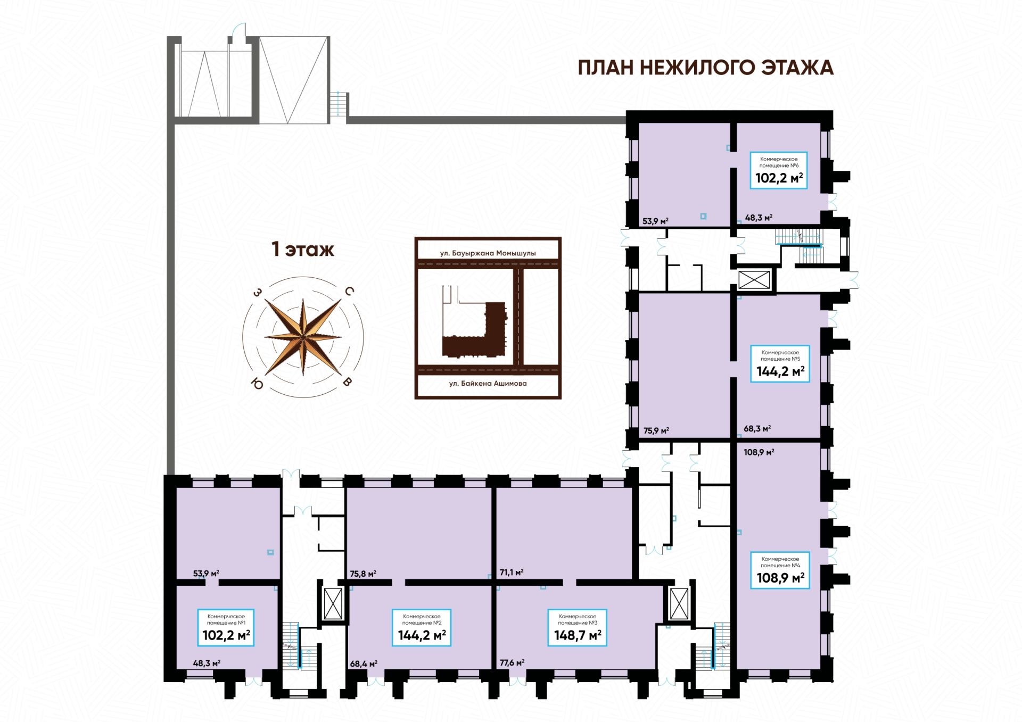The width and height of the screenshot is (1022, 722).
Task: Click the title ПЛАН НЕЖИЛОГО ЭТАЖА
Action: coord(706,68)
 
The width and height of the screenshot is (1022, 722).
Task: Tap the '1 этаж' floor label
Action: coord(303,249)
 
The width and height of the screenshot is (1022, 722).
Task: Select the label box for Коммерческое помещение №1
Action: coord(226,628)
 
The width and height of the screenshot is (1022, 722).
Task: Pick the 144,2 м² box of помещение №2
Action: coord(422,628)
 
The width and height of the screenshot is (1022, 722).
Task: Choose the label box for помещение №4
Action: coord(780,570)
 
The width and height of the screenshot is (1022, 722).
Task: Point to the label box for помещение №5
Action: coord(780,363)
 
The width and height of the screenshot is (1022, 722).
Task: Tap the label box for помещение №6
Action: coord(779,170)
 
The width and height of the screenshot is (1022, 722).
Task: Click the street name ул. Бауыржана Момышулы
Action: coord(488,253)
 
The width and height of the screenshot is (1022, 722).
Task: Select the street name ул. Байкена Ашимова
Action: coord(488,383)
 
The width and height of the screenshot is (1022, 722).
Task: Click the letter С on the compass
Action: coord(350,291)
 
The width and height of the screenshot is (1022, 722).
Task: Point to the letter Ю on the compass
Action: coord(258,383)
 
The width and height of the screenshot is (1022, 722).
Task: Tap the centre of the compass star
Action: coord(303,337)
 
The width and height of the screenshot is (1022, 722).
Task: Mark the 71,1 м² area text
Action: coord(512,572)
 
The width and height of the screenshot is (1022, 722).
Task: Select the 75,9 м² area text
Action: coord(656,431)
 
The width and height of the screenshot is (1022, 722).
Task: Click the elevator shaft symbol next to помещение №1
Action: coord(333,604)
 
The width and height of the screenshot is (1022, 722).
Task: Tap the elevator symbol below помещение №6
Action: coord(754,280)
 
